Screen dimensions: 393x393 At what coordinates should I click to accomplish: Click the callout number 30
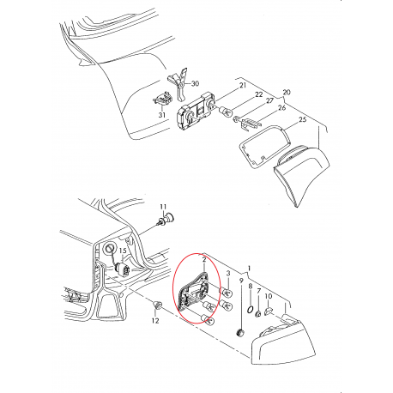click(x=194, y=84)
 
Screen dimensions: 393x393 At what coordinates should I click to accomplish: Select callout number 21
click(x=242, y=87)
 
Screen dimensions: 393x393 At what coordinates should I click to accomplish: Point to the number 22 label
click(x=258, y=93)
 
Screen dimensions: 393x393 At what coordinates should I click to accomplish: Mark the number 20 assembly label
click(x=287, y=92)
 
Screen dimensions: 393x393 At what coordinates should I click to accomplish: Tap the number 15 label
click(x=122, y=251)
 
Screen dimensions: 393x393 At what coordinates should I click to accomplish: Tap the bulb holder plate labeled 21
click(x=193, y=118)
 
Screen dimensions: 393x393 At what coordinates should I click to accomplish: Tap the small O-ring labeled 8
click(x=249, y=309)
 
